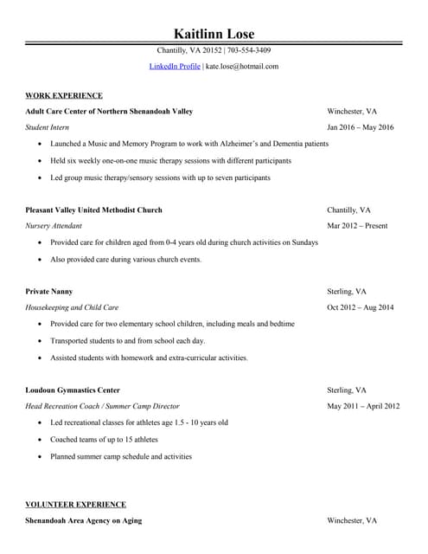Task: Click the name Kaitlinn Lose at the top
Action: click(x=214, y=33)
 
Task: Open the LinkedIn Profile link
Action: click(x=175, y=66)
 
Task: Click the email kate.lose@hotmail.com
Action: click(x=242, y=66)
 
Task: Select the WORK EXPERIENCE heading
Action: click(x=64, y=95)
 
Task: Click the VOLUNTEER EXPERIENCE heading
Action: click(x=75, y=504)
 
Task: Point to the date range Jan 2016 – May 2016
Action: click(x=360, y=128)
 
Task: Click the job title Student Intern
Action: click(x=48, y=128)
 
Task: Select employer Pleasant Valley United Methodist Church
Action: click(x=93, y=210)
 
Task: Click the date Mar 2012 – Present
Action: click(x=357, y=226)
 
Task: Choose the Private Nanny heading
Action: click(x=49, y=292)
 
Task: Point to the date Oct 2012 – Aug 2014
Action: click(x=360, y=307)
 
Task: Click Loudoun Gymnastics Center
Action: click(x=73, y=390)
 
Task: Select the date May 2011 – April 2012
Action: click(x=363, y=406)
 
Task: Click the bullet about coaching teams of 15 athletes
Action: click(x=105, y=440)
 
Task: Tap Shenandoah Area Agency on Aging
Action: click(x=83, y=520)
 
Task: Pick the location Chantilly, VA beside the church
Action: click(x=348, y=210)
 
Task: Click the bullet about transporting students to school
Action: click(x=128, y=341)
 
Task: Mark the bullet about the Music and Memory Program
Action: click(x=189, y=144)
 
